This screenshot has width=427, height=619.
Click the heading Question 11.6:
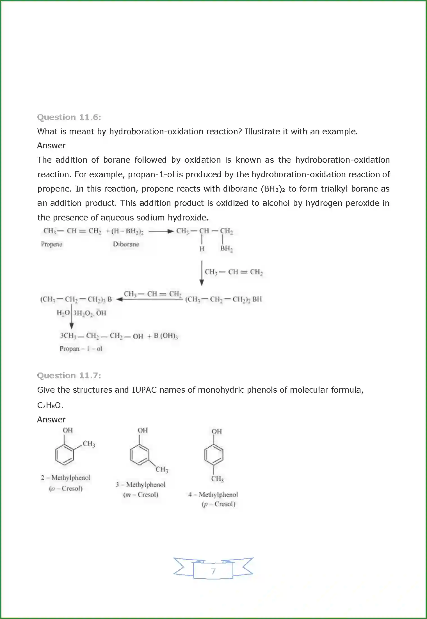[x=69, y=117]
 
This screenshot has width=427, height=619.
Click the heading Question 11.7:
[x=69, y=376]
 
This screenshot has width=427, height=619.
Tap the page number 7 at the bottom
[x=213, y=571]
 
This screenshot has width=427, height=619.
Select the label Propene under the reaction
[x=51, y=244]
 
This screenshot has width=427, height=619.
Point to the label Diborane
[x=126, y=244]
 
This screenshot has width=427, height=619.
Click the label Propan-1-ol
[x=81, y=349]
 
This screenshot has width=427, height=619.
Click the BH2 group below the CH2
[x=226, y=248]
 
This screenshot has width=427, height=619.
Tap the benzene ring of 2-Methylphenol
[x=65, y=454]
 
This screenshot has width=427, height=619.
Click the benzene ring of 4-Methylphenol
[x=214, y=455]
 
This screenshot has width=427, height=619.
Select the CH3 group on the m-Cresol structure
[x=162, y=469]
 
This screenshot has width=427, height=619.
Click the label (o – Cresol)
[x=66, y=489]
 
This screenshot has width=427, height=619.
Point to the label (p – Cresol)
[x=218, y=504]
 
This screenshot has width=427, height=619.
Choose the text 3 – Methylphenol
[x=140, y=485]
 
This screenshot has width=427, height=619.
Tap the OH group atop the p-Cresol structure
[x=216, y=431]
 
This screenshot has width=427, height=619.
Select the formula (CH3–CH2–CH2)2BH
[x=223, y=299]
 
